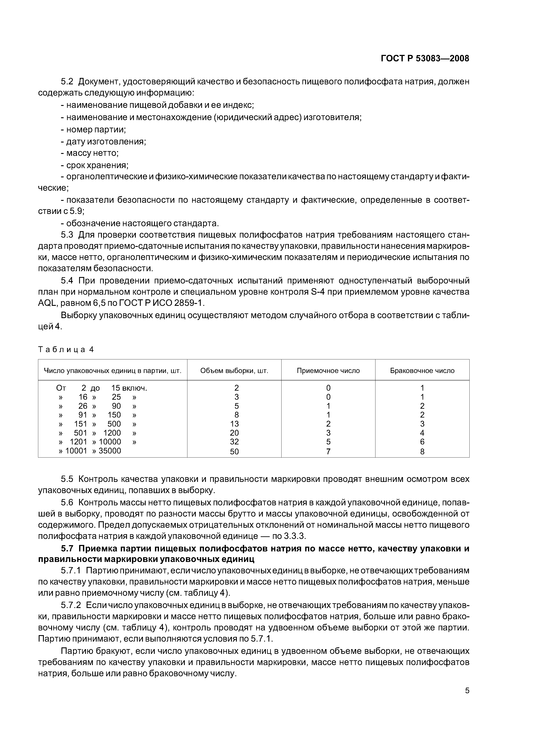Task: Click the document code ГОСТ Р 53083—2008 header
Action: pos(425,59)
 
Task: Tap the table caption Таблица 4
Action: pos(66,349)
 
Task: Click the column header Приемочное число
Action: pos(328,371)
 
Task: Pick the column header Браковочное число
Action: pos(422,371)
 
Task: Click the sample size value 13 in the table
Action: pos(234,424)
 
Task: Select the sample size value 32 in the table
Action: pos(234,442)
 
